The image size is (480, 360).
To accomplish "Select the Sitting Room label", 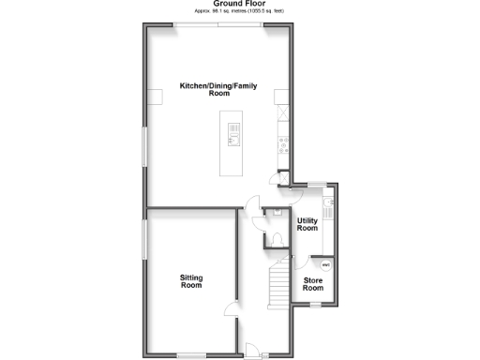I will point(191,280).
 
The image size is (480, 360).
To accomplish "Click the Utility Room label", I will point(307,224).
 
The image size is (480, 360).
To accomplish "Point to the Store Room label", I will point(313,284).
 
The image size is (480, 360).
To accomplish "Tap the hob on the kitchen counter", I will point(282,144).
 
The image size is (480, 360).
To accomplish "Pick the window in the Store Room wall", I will point(317,304).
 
